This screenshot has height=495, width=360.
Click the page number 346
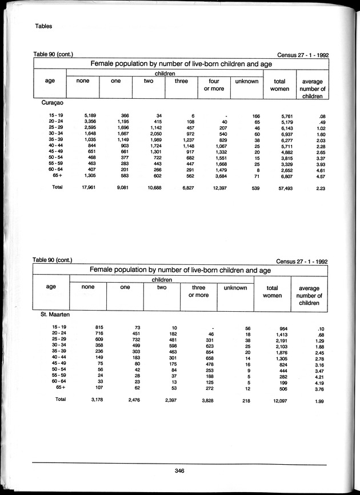click(179, 470)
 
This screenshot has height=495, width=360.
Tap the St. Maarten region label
click(54, 315)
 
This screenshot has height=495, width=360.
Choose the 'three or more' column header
click(198, 292)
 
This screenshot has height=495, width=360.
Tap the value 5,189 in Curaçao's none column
click(89, 116)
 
